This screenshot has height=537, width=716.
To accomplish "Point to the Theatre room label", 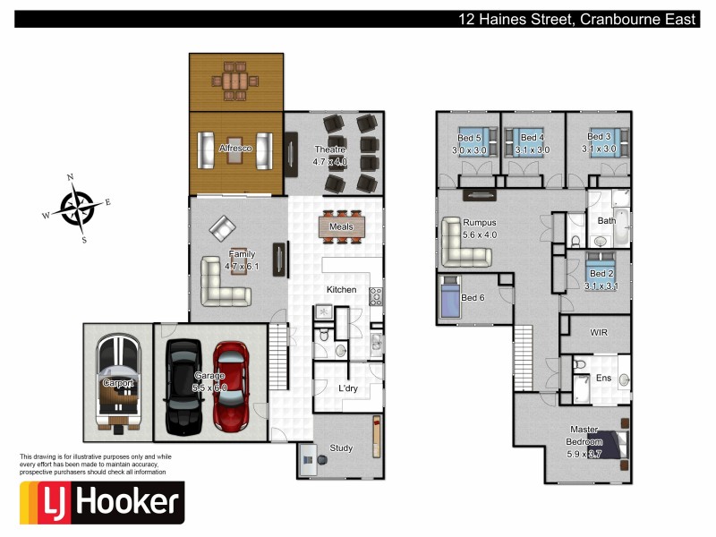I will point(328,149).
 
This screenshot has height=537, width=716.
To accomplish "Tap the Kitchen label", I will point(341,290).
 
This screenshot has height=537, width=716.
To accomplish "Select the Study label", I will point(341,448).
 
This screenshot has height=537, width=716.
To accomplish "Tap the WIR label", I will point(599,332).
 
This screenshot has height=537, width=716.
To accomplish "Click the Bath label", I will point(606,220).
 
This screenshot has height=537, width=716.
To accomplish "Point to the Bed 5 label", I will point(470,138).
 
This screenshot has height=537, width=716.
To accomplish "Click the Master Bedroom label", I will point(584,442).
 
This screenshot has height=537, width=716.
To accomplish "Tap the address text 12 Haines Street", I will point(515,19).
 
